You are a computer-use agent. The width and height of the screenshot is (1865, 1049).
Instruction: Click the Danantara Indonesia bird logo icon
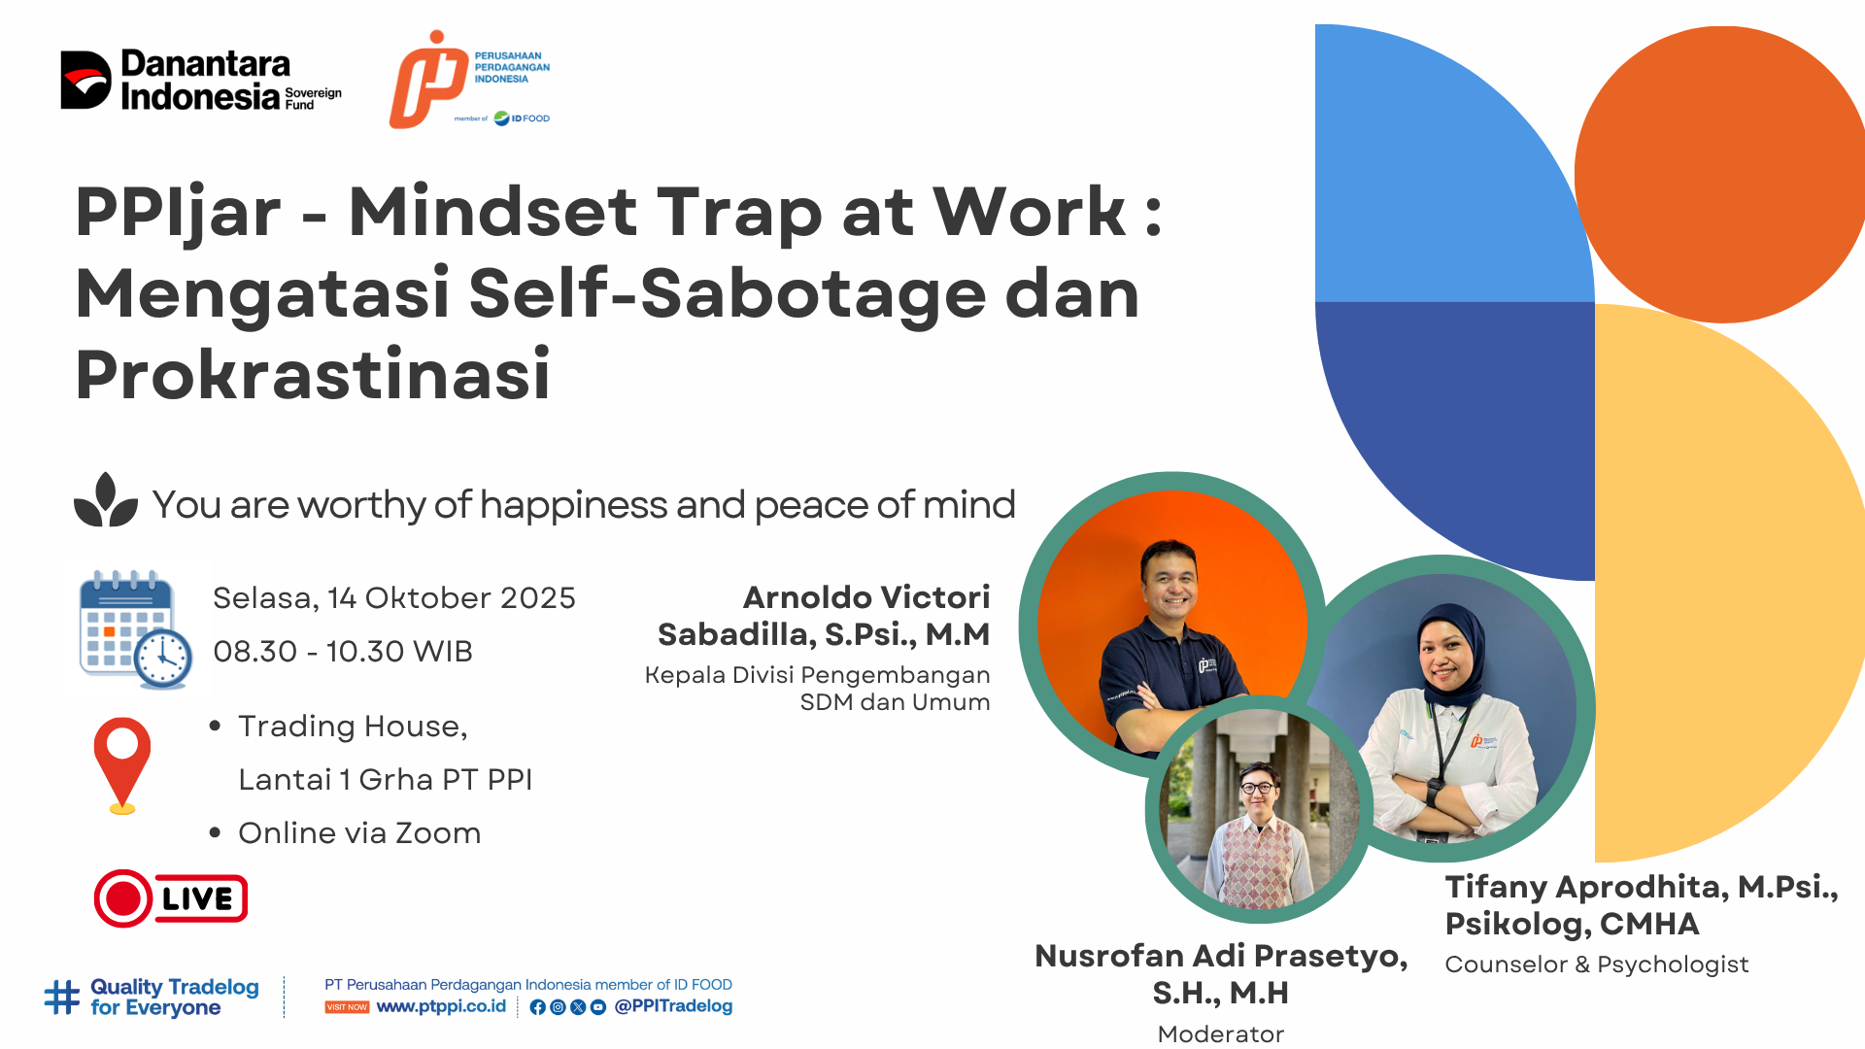click(x=85, y=80)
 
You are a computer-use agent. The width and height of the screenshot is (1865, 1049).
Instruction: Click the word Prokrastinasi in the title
click(x=313, y=375)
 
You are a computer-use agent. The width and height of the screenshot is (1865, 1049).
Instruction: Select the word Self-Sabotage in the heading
click(x=728, y=293)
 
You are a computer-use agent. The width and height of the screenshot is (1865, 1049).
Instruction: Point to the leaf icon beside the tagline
click(x=106, y=500)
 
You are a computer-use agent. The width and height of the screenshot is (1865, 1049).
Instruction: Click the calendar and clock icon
click(x=135, y=629)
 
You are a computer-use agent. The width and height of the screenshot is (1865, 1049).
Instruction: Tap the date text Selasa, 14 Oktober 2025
click(x=394, y=598)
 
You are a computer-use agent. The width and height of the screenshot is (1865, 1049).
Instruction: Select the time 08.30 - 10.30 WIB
click(x=343, y=651)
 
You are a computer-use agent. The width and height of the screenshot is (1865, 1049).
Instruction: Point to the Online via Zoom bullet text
click(x=359, y=833)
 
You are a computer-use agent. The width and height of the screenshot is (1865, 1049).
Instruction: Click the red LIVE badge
click(x=171, y=898)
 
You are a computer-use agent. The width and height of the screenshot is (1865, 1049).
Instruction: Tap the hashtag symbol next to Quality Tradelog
click(x=62, y=998)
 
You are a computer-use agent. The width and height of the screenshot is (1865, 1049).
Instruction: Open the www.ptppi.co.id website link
click(x=441, y=1007)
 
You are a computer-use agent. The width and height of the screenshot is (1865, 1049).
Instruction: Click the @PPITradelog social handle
click(x=673, y=1006)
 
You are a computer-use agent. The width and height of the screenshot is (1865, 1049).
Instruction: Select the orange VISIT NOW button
click(x=347, y=1007)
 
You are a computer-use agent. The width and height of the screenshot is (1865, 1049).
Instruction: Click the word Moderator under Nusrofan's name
click(x=1221, y=1034)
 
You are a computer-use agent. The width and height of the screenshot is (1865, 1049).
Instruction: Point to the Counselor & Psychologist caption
click(x=1597, y=964)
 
